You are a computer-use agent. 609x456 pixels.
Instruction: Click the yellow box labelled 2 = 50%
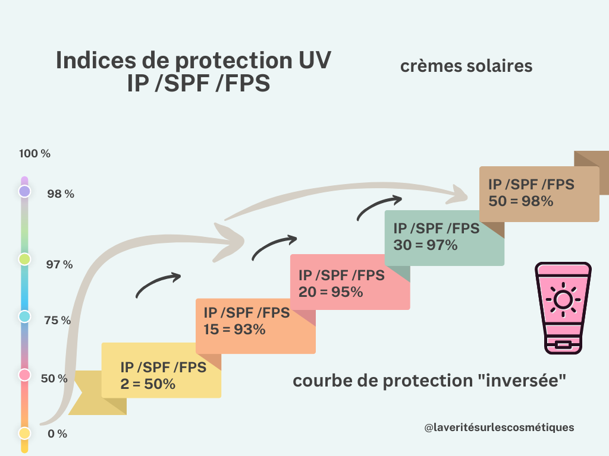(x=161, y=370)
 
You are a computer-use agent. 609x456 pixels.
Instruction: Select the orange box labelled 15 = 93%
(x=256, y=326)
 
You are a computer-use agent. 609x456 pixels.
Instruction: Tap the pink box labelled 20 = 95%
(x=350, y=282)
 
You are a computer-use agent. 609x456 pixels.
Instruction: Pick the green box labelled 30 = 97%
(x=444, y=238)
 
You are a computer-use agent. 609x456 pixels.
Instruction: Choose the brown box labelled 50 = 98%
(x=539, y=194)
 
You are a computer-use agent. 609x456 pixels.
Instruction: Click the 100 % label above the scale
(x=34, y=154)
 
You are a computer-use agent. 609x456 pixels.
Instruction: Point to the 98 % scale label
(x=61, y=194)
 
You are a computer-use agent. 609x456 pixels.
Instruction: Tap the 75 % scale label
(x=58, y=320)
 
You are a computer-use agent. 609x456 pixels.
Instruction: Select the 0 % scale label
(x=58, y=433)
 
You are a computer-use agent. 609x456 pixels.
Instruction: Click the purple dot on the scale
(x=24, y=191)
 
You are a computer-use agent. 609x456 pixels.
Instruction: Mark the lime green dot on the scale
(x=24, y=259)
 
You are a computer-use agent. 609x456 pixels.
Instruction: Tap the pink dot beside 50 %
(x=24, y=375)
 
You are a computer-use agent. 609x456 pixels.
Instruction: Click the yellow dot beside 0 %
(x=24, y=433)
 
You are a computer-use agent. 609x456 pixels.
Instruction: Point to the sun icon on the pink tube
(x=563, y=299)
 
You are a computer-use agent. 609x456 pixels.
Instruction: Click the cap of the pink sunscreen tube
(x=563, y=344)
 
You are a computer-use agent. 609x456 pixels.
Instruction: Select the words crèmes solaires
(x=466, y=66)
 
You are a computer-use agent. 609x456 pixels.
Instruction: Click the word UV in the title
(x=315, y=60)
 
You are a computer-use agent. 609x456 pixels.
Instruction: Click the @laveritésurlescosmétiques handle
(x=499, y=427)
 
